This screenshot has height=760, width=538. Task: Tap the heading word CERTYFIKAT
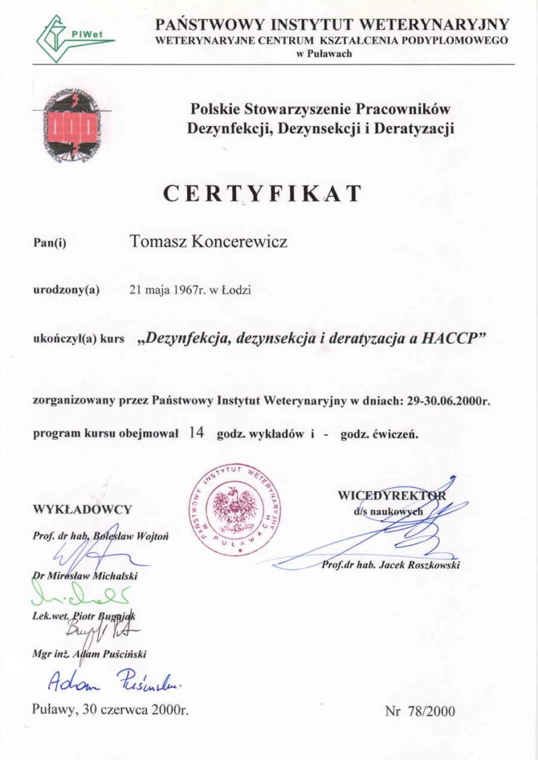[x=263, y=193]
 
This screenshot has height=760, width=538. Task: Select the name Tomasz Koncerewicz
[x=208, y=242]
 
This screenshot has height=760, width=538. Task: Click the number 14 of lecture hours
[x=196, y=433]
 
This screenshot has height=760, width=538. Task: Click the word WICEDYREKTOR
[x=391, y=495]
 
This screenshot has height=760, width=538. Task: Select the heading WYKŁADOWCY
[x=82, y=509]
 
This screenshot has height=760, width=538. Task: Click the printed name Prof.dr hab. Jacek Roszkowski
[x=390, y=565]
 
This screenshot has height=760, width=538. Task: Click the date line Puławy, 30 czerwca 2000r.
[x=111, y=708]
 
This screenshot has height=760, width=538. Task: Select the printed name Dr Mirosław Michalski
[x=85, y=576]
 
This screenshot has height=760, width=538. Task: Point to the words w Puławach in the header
[x=324, y=54]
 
